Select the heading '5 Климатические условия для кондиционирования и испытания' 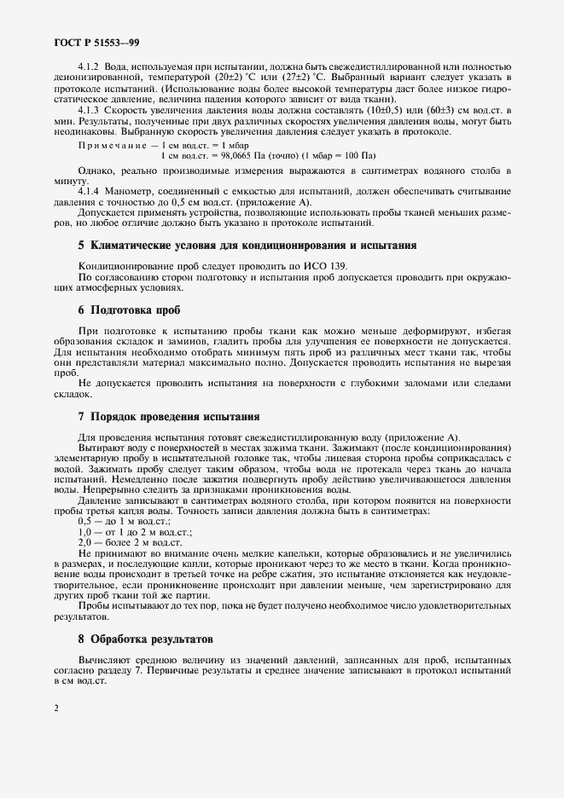point(247,246)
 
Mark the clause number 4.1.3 point(90,110)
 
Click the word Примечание point(107,146)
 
